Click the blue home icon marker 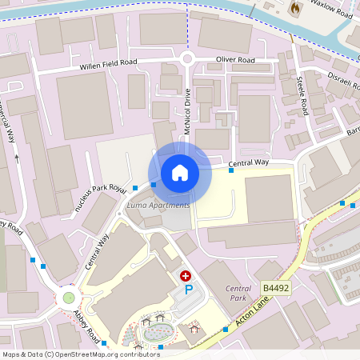(x=180, y=172)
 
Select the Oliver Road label (x=235, y=60)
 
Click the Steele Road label (x=303, y=91)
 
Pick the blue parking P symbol (x=189, y=289)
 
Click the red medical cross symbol (x=186, y=274)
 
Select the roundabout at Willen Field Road (x=188, y=58)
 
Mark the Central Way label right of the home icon (x=249, y=163)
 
